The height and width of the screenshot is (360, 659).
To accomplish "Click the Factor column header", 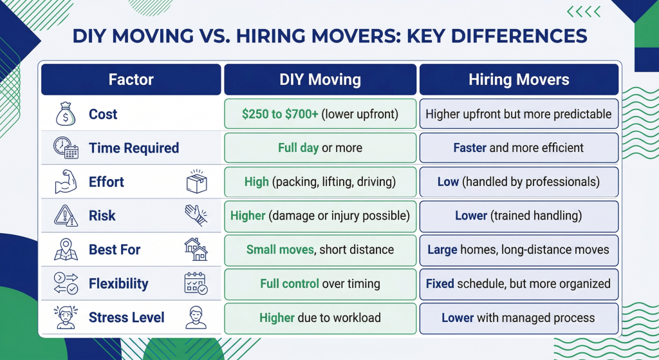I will (131, 80).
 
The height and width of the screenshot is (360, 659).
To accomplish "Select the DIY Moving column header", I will (320, 80).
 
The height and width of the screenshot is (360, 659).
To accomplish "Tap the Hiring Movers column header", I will (519, 80).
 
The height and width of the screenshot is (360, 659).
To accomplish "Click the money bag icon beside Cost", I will (66, 115).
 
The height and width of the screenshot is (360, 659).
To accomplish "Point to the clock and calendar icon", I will (66, 149).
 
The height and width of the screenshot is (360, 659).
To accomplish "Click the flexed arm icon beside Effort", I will (66, 182).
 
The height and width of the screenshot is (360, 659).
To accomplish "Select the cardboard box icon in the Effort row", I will (196, 182).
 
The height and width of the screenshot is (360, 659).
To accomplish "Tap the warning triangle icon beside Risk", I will (66, 216).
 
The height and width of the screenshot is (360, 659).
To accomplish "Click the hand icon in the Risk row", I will (196, 215).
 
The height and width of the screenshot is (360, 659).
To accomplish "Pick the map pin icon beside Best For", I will (66, 249).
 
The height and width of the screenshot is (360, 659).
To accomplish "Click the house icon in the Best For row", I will (196, 249).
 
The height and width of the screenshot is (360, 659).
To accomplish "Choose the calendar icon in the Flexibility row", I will (196, 283).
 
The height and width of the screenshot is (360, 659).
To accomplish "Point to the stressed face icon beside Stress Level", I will (66, 317).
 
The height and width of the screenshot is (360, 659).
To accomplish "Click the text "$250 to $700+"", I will (281, 115).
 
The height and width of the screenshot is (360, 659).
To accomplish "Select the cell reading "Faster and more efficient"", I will (519, 148).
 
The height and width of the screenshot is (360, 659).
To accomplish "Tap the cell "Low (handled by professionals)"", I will (519, 182).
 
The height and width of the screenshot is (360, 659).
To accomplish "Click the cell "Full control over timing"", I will (320, 283).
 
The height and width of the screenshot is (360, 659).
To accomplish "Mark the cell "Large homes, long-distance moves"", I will (519, 249).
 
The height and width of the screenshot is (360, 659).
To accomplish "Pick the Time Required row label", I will (133, 149).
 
